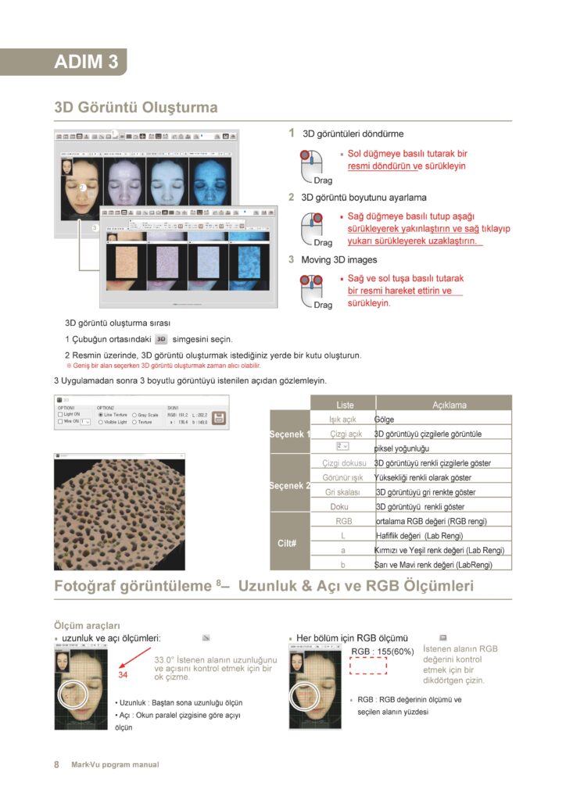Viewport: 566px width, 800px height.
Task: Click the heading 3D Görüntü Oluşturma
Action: pos(135,107)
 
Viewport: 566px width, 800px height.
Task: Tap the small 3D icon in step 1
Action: pos(161,339)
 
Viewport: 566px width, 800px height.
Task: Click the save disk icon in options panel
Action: pos(219,418)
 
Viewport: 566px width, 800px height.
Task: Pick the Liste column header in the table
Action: pos(345,405)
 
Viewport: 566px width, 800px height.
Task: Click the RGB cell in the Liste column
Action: pos(343,520)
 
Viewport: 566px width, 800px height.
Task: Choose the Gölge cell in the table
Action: pos(384,420)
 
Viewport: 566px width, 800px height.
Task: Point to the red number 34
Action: pos(123,674)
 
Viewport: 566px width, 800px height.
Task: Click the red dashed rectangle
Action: pos(369,665)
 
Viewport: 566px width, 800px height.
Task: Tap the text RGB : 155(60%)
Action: pos(382,651)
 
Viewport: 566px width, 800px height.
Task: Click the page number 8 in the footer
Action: pos(56,765)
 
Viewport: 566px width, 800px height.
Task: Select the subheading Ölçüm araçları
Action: pos(87,625)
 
